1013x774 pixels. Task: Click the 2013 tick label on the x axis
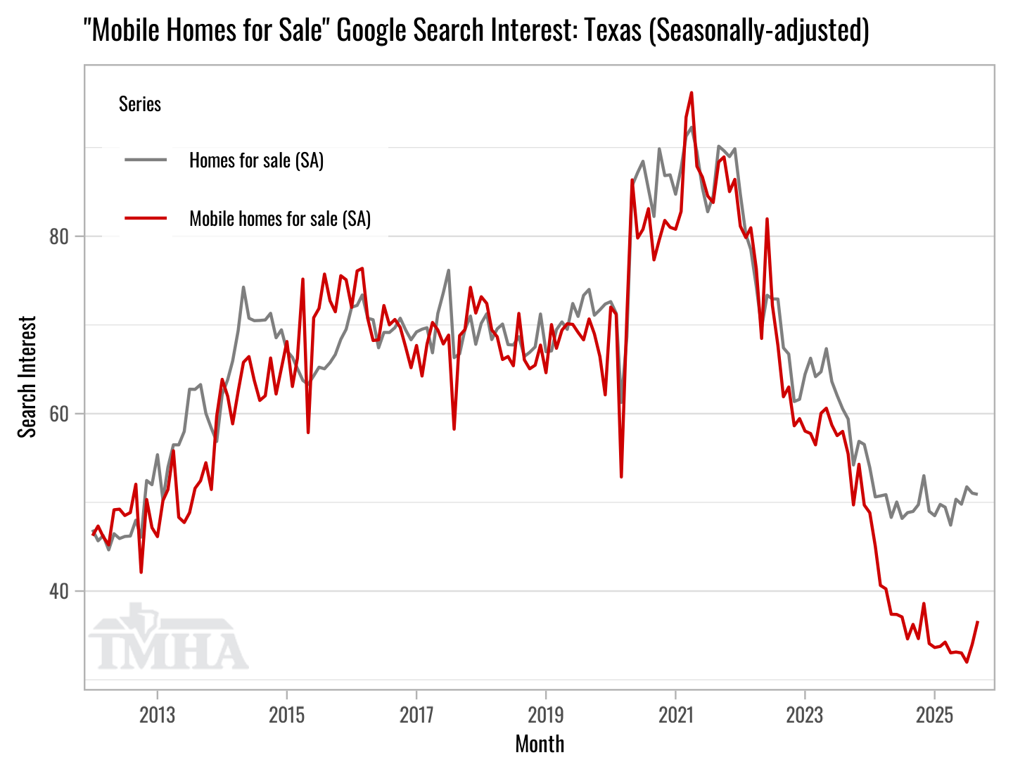[x=157, y=716]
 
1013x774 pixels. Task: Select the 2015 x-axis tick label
[x=286, y=716]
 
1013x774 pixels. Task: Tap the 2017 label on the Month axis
[x=416, y=716]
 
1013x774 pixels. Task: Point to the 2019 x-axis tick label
[x=546, y=716]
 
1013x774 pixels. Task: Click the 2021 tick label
[x=675, y=716]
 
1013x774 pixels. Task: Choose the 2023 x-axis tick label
[x=805, y=716]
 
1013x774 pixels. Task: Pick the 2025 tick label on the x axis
[x=934, y=716]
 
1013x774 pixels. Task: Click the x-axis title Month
[x=540, y=744]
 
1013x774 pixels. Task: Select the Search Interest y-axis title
[x=27, y=376]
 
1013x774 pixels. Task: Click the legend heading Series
[x=140, y=104]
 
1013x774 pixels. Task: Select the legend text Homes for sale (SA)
[x=256, y=160]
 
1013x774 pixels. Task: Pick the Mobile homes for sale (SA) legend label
[x=280, y=218]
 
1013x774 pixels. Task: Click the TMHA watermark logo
[x=168, y=637]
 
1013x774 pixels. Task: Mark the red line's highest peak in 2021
[x=692, y=93]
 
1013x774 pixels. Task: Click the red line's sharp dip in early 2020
[x=621, y=476]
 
